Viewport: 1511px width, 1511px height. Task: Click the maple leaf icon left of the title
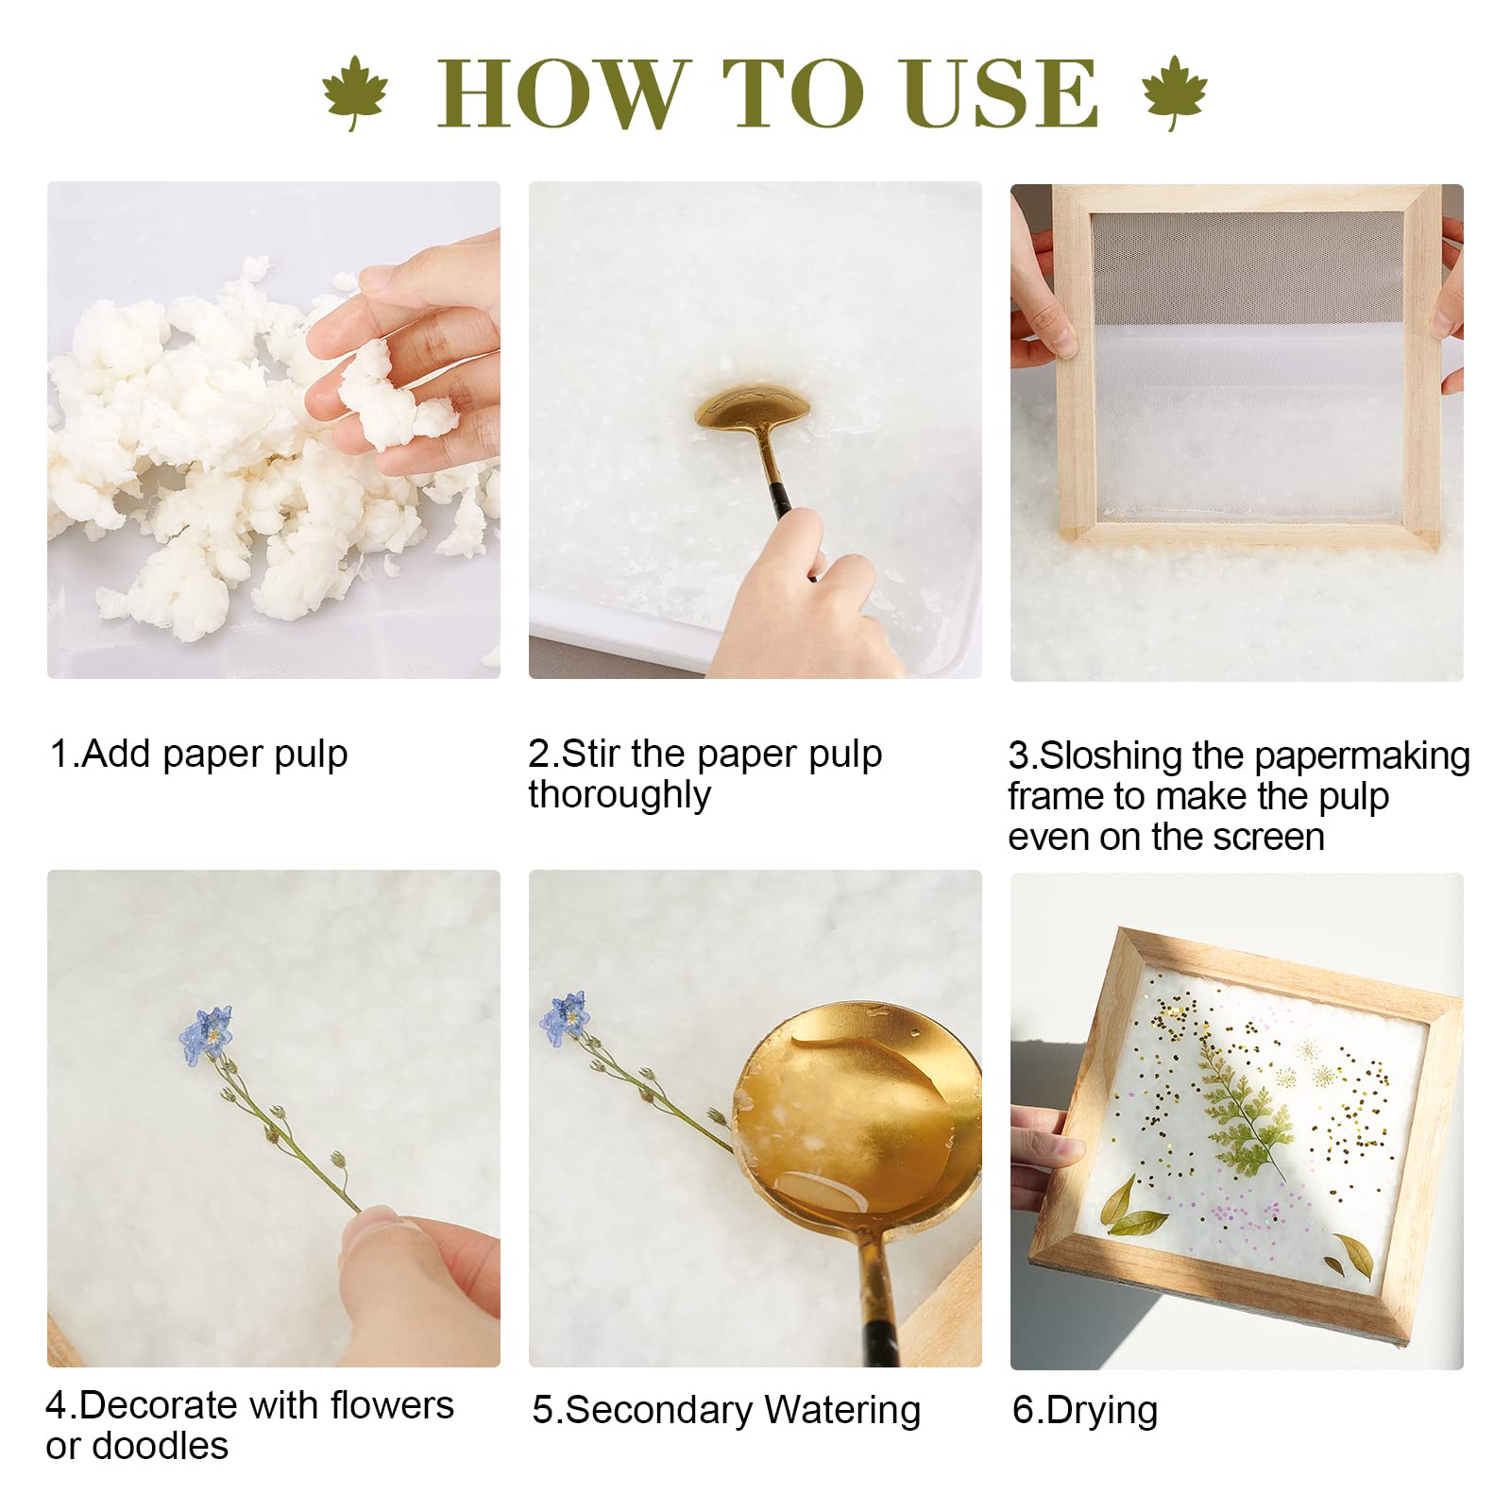click(x=355, y=92)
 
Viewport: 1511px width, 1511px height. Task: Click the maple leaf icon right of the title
click(x=1174, y=92)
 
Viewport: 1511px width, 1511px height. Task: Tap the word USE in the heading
click(x=1001, y=93)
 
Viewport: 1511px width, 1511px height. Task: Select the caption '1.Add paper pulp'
click(x=198, y=755)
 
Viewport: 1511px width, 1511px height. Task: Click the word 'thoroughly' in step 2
click(x=620, y=794)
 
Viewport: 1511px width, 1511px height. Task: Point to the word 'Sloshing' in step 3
click(x=1111, y=755)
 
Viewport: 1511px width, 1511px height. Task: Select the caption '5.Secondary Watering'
click(x=726, y=1410)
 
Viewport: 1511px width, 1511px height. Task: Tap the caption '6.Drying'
click(x=1085, y=1410)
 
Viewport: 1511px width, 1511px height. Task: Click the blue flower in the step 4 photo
click(x=206, y=1035)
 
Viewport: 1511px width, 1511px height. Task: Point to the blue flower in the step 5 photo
click(x=565, y=1018)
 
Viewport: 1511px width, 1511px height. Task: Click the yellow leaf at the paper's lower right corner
click(x=1351, y=1255)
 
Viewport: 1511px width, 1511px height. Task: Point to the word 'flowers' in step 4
click(x=392, y=1405)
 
